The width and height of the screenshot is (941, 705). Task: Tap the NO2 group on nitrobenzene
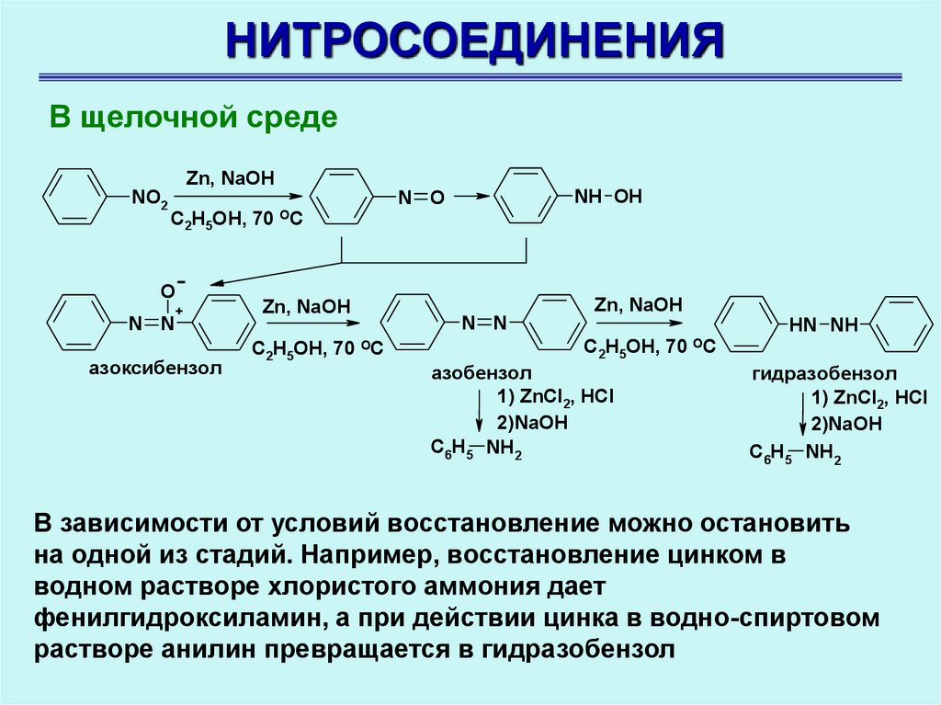(x=149, y=198)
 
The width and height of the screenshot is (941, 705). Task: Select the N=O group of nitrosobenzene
(x=421, y=197)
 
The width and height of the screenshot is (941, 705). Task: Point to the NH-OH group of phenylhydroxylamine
(x=607, y=196)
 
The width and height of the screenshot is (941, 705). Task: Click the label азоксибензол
(x=155, y=369)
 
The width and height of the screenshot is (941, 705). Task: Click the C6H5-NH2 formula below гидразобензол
(x=795, y=452)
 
